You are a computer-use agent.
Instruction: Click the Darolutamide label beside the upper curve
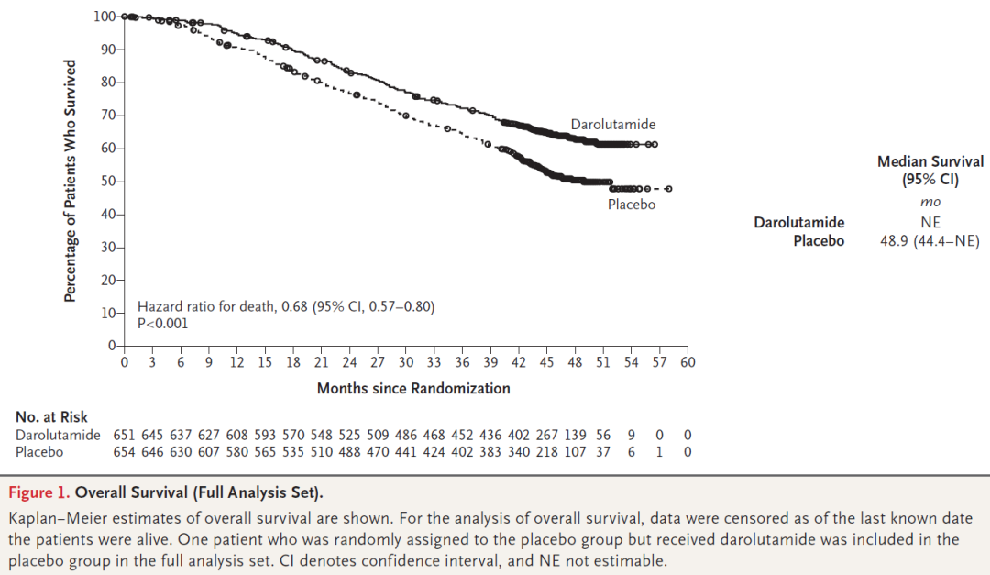[613, 125]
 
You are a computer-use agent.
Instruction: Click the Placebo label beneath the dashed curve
[632, 205]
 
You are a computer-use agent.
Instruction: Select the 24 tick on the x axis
[349, 362]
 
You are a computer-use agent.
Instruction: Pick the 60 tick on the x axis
[687, 362]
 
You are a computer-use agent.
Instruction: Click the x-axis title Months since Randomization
[413, 388]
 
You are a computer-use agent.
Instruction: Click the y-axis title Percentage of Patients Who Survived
[70, 181]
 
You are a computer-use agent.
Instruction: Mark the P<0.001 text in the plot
[163, 323]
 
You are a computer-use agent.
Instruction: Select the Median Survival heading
[929, 161]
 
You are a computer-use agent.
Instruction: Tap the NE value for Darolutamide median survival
[930, 222]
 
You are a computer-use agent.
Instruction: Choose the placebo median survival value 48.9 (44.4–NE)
[929, 241]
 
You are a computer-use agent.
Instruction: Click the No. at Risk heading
[51, 417]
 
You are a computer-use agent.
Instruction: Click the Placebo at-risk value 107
[575, 451]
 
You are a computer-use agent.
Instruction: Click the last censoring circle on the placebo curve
[669, 189]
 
